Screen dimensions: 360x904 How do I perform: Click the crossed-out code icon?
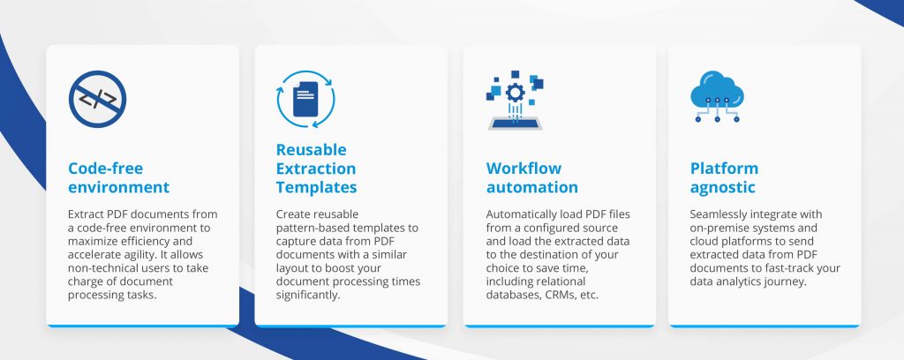97,100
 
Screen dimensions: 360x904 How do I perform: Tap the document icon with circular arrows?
305,100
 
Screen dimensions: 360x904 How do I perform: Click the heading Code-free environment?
118,177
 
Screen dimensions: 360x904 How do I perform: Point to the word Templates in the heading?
316,187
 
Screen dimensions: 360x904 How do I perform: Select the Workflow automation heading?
532,177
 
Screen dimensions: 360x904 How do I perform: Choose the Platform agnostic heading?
724,177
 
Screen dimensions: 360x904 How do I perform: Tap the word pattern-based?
316,228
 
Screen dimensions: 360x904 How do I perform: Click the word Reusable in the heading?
311,150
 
